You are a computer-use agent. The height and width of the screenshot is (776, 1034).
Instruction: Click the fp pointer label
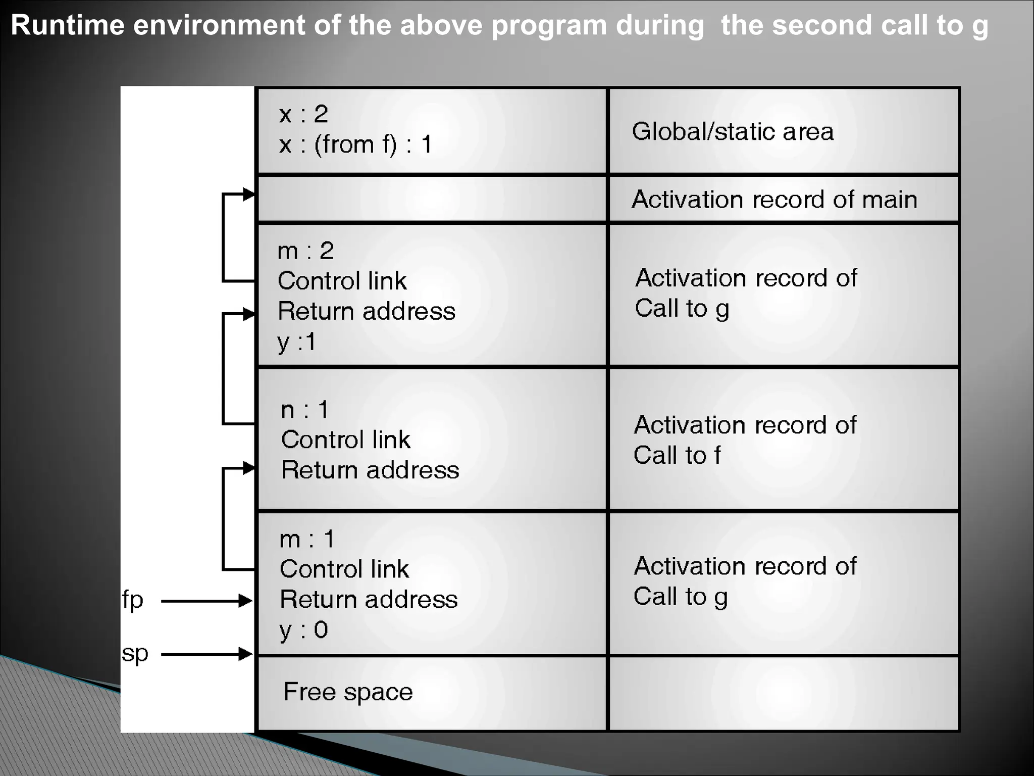point(133,601)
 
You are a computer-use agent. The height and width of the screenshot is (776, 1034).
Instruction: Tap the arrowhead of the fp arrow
point(246,601)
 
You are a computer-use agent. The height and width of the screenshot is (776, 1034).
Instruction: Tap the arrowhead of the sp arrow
point(246,654)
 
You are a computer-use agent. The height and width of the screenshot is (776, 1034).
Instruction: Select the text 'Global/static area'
point(733,131)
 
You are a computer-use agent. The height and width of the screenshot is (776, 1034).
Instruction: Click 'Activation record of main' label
point(774,200)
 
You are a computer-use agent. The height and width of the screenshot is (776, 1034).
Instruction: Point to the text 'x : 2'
point(303,114)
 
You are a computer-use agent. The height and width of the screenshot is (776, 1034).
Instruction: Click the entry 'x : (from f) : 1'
point(355,144)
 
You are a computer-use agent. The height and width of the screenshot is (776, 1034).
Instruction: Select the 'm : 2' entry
point(305,251)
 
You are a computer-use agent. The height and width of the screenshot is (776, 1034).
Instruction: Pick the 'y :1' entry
point(297,342)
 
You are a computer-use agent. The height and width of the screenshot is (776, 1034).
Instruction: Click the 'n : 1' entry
point(305,409)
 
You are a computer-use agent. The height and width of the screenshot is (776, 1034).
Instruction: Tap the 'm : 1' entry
point(306,539)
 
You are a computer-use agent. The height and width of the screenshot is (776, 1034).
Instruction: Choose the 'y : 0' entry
point(303,630)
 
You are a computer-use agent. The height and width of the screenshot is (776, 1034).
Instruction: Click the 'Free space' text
point(348,692)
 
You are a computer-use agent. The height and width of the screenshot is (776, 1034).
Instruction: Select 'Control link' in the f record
point(345,440)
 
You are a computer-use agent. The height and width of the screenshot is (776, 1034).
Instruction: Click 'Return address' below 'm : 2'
point(366,311)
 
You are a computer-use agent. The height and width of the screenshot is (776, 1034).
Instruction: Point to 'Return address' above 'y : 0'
point(369,600)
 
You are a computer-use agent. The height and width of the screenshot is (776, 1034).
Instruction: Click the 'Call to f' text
point(677,455)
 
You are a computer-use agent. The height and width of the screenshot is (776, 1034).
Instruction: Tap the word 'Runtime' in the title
point(68,25)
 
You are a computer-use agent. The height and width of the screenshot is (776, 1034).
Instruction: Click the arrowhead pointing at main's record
point(249,194)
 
